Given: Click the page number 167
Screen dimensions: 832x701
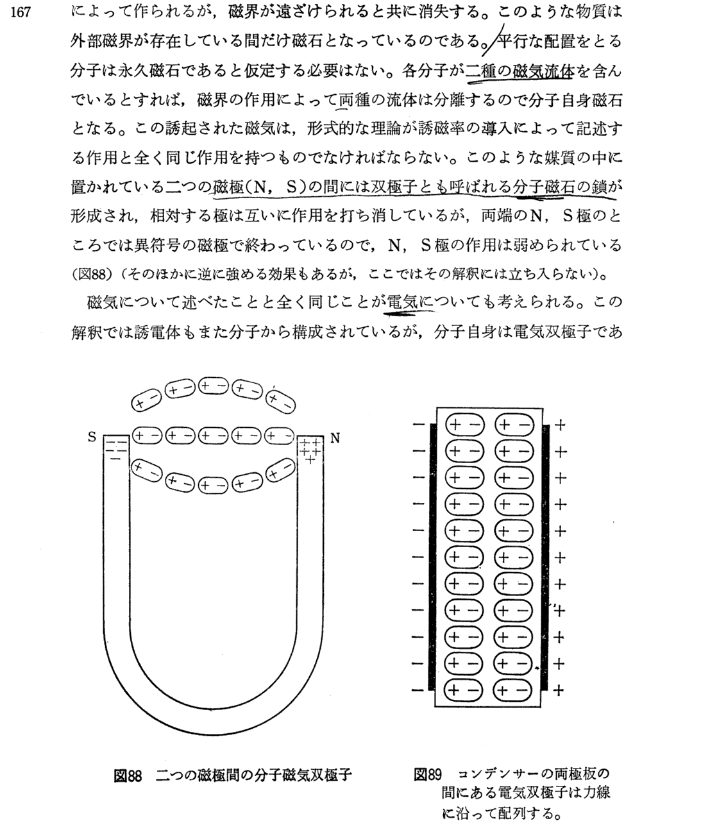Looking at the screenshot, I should (22, 12).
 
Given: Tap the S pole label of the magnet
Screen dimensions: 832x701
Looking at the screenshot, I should (92, 437).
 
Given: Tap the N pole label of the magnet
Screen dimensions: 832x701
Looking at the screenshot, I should (334, 439).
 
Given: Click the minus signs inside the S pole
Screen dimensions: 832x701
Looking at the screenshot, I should (115, 448).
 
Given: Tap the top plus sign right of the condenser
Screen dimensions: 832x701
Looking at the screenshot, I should (559, 425).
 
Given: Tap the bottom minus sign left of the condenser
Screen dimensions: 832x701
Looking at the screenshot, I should (418, 690).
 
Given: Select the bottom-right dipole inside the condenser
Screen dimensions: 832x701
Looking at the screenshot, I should (512, 690).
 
